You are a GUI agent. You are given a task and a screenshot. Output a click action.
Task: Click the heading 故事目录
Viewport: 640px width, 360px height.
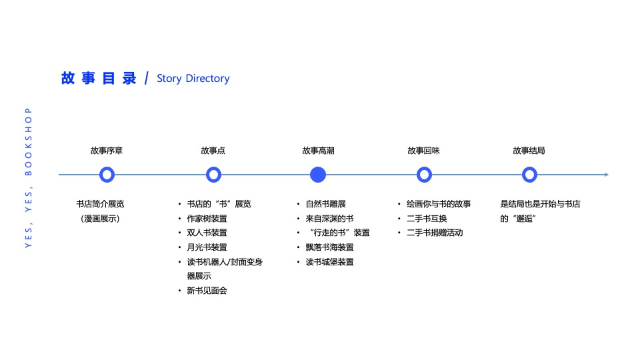click(99, 78)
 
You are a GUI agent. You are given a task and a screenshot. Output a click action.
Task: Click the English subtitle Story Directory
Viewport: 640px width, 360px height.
click(193, 79)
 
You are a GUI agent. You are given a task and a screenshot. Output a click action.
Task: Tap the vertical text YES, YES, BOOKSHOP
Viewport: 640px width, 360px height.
click(28, 178)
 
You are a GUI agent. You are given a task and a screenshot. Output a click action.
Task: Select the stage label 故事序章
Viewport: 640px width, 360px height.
click(107, 151)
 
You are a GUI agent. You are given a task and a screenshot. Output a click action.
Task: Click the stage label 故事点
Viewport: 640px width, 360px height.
click(213, 151)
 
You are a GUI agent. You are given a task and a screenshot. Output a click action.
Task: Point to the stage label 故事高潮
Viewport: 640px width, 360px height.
click(318, 151)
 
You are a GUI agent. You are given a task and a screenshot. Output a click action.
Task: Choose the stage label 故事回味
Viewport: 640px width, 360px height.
click(423, 151)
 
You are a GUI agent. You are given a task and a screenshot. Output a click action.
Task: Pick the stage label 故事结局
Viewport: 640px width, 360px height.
click(529, 151)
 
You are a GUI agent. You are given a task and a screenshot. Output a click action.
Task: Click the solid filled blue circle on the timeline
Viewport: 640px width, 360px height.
click(318, 175)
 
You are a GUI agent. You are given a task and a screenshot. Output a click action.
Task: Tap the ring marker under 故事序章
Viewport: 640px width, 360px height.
click(107, 175)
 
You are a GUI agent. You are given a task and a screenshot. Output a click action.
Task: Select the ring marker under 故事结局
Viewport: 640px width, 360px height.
click(529, 175)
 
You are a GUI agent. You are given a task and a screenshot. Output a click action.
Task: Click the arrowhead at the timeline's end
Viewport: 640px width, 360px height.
click(605, 175)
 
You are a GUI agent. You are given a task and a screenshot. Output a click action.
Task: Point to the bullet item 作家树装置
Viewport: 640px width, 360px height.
click(207, 219)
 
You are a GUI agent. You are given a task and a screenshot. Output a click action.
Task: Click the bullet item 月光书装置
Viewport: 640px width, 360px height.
click(207, 247)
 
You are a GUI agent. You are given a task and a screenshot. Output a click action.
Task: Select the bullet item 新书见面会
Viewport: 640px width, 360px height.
click(207, 291)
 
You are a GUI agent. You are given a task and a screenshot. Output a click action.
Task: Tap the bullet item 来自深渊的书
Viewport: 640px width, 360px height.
click(329, 219)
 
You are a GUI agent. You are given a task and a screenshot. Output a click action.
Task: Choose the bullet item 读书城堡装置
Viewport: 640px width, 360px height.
click(329, 262)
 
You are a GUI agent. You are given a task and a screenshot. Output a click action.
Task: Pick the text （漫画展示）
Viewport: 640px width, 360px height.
click(101, 219)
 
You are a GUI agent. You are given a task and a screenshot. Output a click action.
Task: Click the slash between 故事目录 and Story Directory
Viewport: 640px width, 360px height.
click(146, 79)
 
